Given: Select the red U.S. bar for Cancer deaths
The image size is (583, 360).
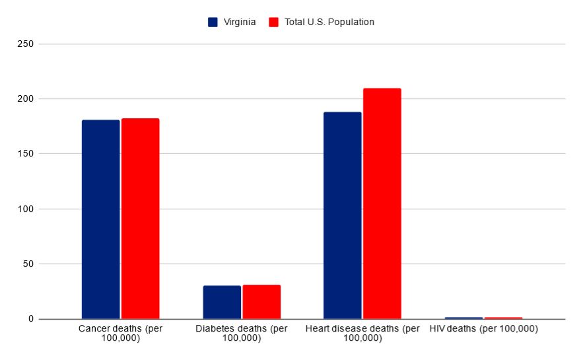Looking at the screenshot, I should click(x=140, y=219).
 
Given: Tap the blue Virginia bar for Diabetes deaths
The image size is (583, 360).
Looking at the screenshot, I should click(x=222, y=303).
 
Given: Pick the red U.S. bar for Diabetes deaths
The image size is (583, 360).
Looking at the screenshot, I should click(x=261, y=302).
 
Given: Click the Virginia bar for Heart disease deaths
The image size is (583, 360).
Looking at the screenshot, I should click(x=342, y=215).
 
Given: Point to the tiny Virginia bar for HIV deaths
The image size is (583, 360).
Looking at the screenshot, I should click(x=463, y=318).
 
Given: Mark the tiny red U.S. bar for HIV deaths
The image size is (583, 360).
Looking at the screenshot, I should click(x=503, y=318).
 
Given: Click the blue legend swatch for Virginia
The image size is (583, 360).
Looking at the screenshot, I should click(x=213, y=22).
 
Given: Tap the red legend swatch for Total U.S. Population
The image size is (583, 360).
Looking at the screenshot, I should click(x=274, y=22).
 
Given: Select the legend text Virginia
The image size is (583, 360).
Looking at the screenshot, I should click(x=240, y=22).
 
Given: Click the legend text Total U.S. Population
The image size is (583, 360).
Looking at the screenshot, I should click(x=329, y=22).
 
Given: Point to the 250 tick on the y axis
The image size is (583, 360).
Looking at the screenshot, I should click(x=26, y=44).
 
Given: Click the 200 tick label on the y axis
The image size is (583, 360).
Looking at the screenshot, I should click(x=26, y=99).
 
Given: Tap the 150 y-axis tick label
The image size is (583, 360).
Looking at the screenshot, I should click(x=26, y=154).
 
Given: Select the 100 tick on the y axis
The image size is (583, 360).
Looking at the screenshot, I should click(x=26, y=209).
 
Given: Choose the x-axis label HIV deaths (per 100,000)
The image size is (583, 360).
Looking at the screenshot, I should click(x=483, y=329).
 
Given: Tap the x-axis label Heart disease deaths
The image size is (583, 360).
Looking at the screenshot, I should click(x=362, y=334).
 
